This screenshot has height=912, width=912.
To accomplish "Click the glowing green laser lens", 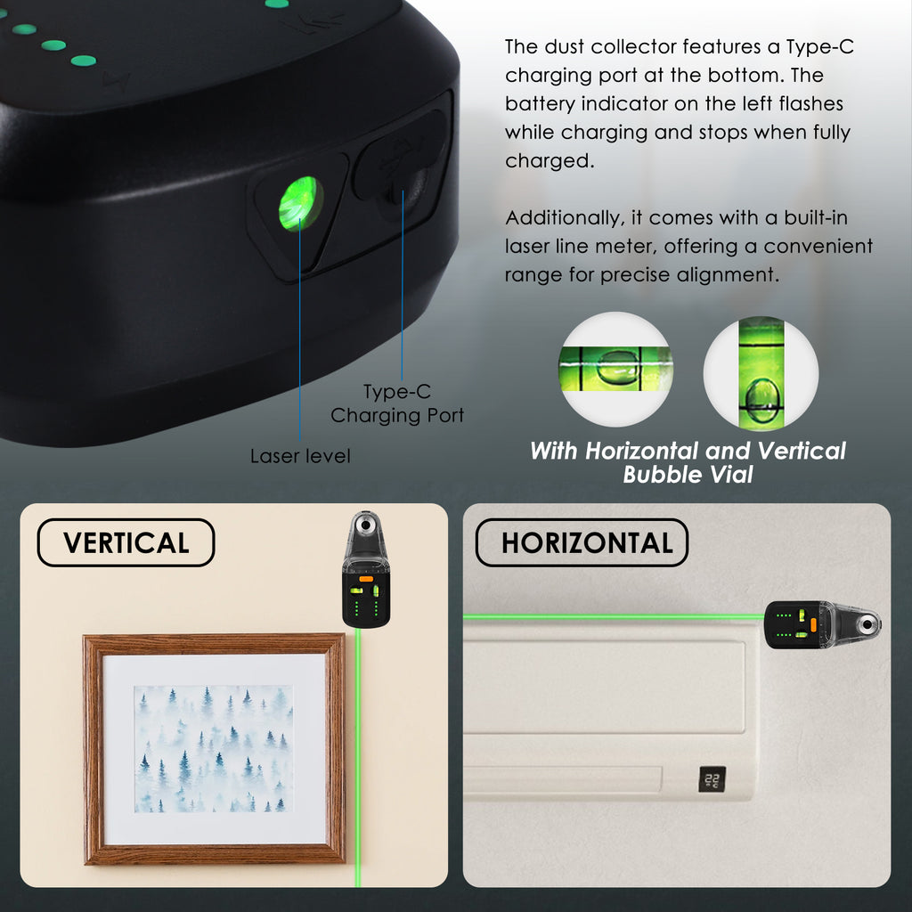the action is (x=301, y=204).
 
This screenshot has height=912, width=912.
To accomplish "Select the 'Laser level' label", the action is (x=300, y=456).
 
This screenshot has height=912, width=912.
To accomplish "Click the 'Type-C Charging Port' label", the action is (x=397, y=403).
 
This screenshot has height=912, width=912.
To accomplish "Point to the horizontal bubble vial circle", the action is (x=615, y=369).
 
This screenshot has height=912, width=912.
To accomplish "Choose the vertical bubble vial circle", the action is (x=761, y=373).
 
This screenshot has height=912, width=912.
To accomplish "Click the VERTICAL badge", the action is (x=126, y=542).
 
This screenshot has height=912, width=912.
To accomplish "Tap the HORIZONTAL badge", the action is (x=582, y=542).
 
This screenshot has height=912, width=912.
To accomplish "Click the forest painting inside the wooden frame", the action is (x=214, y=748).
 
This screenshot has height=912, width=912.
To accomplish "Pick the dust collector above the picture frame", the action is (x=366, y=569).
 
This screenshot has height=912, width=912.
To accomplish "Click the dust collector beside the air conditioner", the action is (x=822, y=625).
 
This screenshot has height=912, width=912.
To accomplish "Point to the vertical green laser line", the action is (x=358, y=757).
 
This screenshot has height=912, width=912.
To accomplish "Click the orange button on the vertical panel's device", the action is (x=366, y=579).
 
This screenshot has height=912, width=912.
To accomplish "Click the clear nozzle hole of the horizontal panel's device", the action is (x=867, y=625).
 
